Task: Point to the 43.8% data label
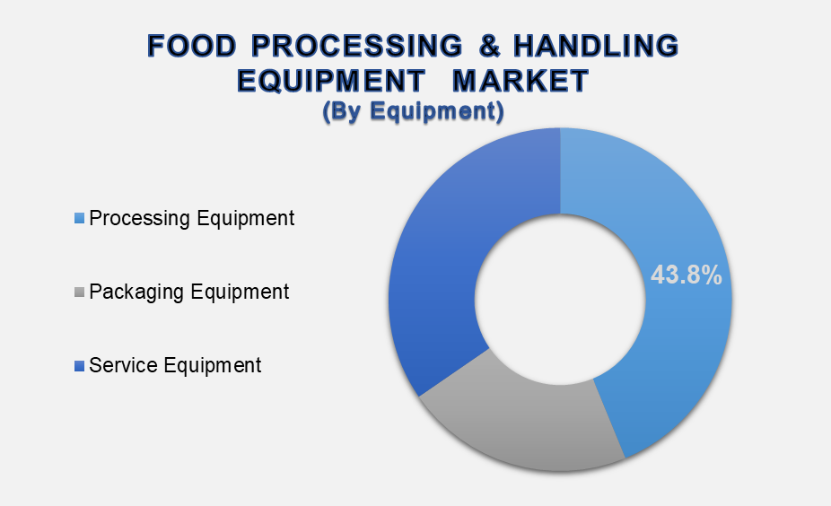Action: (687, 275)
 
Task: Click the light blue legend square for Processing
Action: (80, 218)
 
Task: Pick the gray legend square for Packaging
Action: (80, 292)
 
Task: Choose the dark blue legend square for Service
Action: (80, 365)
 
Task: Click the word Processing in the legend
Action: (139, 219)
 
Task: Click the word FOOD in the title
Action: (191, 46)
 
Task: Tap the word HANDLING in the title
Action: (596, 46)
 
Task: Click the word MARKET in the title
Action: (521, 81)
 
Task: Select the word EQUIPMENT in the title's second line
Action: (331, 81)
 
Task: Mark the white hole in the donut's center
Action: (560, 300)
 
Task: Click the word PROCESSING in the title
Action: (356, 46)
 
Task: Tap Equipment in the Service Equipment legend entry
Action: (212, 366)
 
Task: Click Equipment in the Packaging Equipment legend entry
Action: (240, 292)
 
